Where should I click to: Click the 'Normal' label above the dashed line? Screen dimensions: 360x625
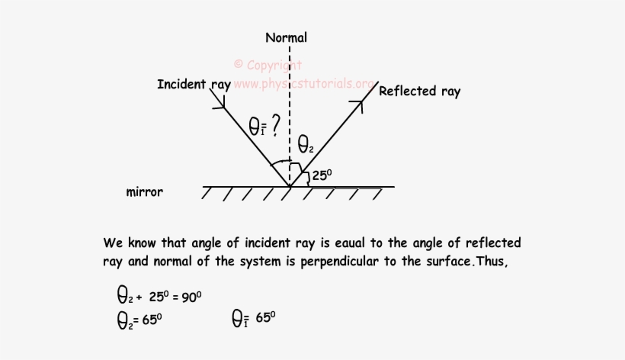point(287,37)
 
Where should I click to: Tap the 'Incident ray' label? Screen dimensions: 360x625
point(194,85)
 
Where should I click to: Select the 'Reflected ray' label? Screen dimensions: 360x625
point(419,92)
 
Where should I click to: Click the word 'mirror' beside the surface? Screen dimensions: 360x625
point(144,192)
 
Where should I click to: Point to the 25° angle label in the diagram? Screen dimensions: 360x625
point(322,175)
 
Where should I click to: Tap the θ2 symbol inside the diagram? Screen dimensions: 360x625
point(305,143)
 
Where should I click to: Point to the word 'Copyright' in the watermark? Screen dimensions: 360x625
point(274,66)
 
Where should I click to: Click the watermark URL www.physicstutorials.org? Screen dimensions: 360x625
point(303,83)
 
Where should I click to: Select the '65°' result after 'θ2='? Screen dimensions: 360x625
point(151,320)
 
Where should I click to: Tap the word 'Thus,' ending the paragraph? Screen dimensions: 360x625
point(498,262)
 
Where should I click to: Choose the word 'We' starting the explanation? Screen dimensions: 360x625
point(113,243)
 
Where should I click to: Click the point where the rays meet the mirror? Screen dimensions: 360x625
point(290,186)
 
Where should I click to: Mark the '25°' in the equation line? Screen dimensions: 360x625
point(160,296)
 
